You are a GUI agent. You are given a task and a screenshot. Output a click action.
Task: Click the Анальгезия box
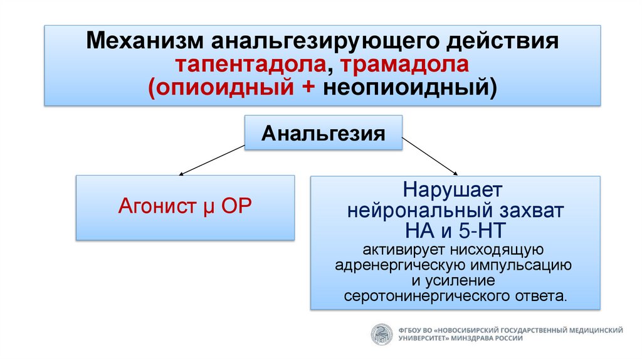pyautogui.click(x=323, y=132)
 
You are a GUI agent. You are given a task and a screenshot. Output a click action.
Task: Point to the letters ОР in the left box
pyautogui.click(x=234, y=206)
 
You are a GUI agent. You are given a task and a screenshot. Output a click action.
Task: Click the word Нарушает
pyautogui.click(x=455, y=189)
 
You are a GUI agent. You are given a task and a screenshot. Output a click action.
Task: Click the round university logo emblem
pyautogui.click(x=381, y=333)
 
